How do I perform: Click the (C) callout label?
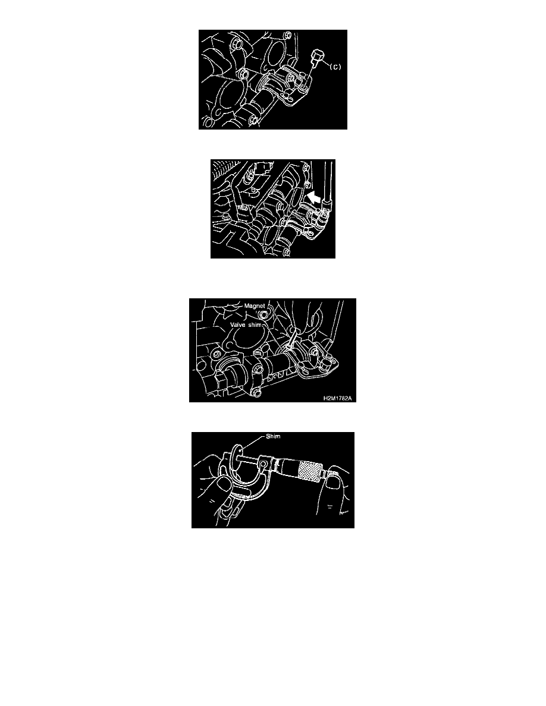pos(335,67)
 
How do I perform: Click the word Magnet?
pos(255,306)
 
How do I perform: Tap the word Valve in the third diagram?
pos(237,324)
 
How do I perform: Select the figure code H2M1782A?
pos(337,398)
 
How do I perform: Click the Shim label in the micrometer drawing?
pos(273,436)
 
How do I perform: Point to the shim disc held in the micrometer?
pos(237,457)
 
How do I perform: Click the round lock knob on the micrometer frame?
pos(263,462)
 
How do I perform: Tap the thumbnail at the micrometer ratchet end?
pos(334,483)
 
